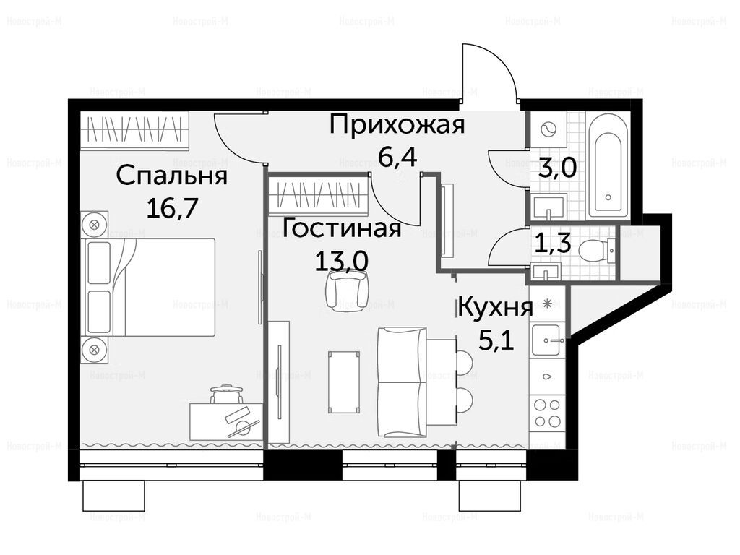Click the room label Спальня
coord(172,176)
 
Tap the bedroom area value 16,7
coord(172,207)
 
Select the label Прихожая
coord(397,125)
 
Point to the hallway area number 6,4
coord(397,157)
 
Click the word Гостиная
coord(343,228)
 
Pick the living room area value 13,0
coord(342,260)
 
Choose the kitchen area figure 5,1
coord(496,340)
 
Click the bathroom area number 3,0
coord(557,167)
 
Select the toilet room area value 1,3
coord(553,244)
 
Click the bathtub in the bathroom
coord(607,165)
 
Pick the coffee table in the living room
coord(345,382)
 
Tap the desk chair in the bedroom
coord(226,394)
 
